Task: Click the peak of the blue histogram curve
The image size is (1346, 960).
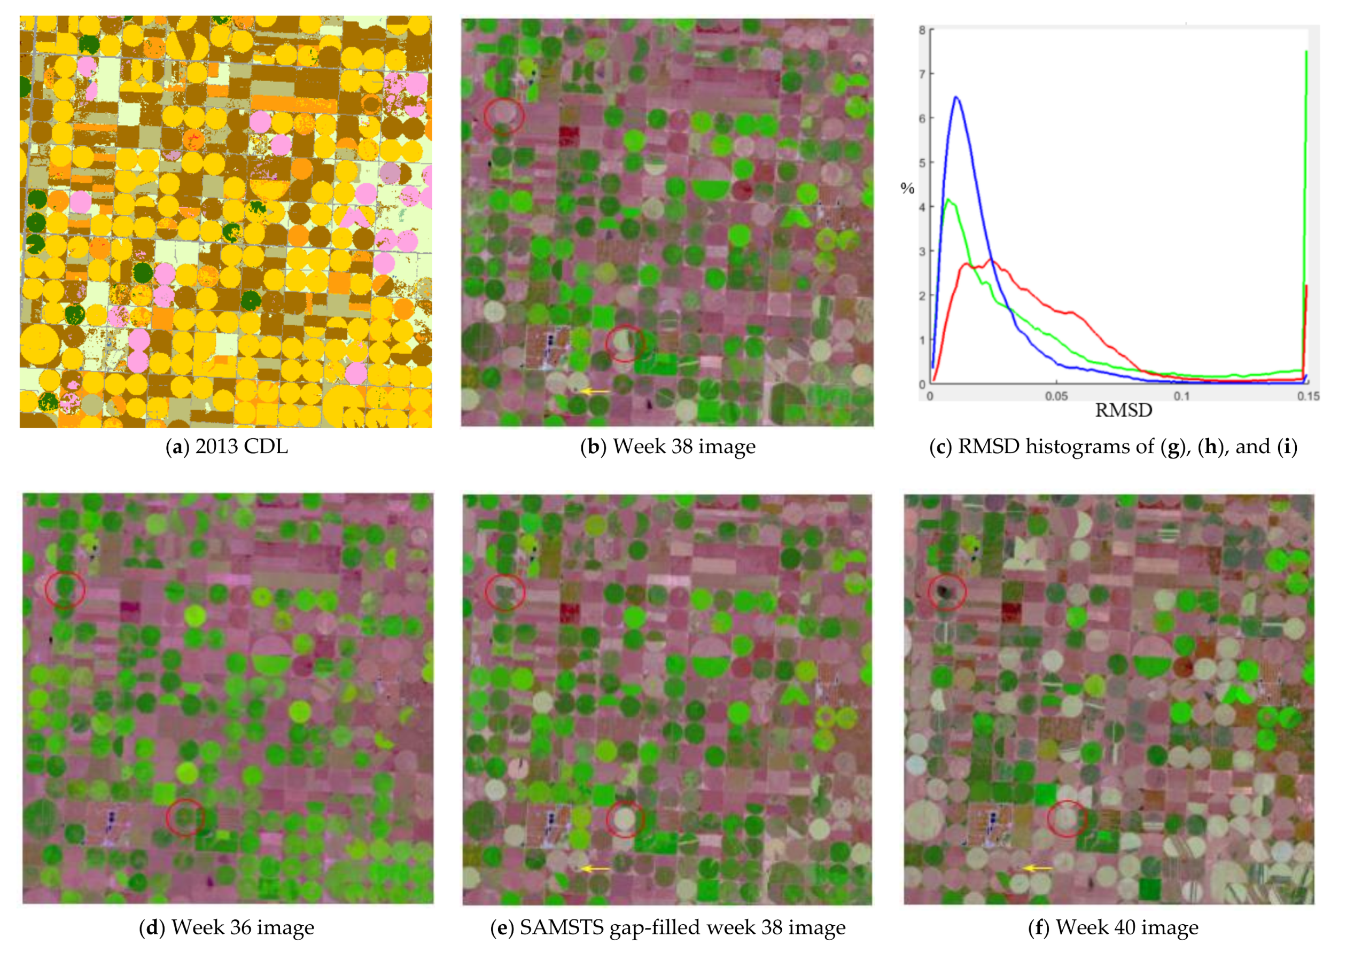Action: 956,98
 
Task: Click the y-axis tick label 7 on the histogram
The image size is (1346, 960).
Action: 922,74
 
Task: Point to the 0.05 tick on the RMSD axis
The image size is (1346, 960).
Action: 1056,395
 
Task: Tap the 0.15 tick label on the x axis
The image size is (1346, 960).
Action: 1308,395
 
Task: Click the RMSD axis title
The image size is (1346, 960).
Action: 1123,410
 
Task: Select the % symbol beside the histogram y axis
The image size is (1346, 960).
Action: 907,189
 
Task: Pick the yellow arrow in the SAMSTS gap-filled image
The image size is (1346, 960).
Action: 594,868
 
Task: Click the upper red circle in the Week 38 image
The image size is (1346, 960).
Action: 504,115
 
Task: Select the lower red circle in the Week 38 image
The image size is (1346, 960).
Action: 625,343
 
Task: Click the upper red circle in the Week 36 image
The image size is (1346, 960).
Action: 65,589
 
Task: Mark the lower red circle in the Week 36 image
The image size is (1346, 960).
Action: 185,817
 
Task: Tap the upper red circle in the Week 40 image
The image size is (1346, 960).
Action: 946,591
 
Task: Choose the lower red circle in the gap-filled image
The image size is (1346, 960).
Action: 625,819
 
